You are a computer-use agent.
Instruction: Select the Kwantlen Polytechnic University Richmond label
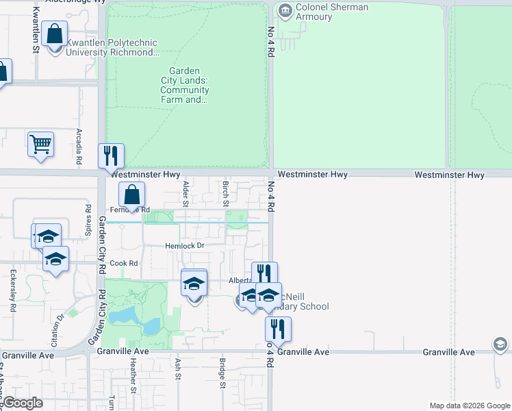coord(112,47)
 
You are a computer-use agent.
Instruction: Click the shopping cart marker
coord(41,145)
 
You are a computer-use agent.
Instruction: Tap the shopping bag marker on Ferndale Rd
coord(131,195)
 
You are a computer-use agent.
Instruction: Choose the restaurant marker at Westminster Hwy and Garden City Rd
coord(111,156)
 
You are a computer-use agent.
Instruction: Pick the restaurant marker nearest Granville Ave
coord(278,329)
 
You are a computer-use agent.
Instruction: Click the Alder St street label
coord(185,193)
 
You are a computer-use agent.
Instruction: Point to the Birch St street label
coord(225,193)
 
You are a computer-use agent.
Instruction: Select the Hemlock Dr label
coord(185,246)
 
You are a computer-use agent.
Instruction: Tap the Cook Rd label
coord(124,263)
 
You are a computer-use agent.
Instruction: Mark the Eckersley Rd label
coord(13,290)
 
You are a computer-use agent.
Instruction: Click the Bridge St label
coord(222,373)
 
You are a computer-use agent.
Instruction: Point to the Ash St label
coord(178,369)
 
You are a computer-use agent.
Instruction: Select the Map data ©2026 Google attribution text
coord(469,406)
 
